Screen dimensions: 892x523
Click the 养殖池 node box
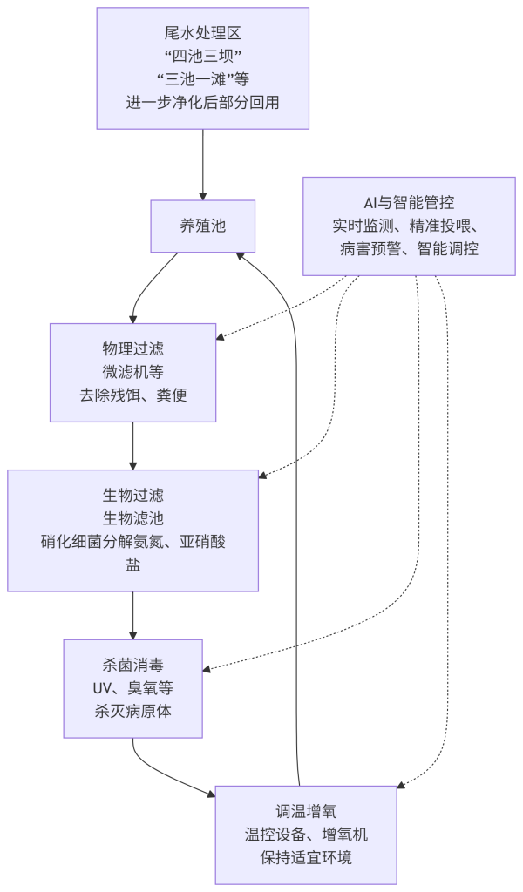click(x=202, y=226)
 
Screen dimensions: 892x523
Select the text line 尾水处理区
click(x=202, y=34)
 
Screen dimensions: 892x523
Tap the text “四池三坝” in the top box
click(x=202, y=57)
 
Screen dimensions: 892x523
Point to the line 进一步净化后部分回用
click(x=202, y=101)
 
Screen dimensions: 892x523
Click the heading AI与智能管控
click(x=409, y=203)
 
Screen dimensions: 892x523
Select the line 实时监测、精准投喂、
click(x=409, y=226)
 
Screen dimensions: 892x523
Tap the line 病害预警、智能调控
click(x=409, y=248)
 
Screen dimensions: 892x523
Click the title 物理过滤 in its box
click(x=132, y=349)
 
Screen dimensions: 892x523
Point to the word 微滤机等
click(x=132, y=372)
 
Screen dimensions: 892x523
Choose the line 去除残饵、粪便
click(x=132, y=395)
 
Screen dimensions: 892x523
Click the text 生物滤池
click(x=132, y=518)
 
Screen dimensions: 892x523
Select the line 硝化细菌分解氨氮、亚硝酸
click(x=132, y=541)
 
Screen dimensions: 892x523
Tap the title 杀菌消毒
click(x=132, y=666)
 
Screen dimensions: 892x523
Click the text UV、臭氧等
click(x=132, y=688)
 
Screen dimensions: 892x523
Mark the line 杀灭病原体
click(x=132, y=711)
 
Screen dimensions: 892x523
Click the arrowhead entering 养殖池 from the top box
click(x=202, y=195)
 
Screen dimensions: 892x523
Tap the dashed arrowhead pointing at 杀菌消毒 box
click(x=207, y=669)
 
